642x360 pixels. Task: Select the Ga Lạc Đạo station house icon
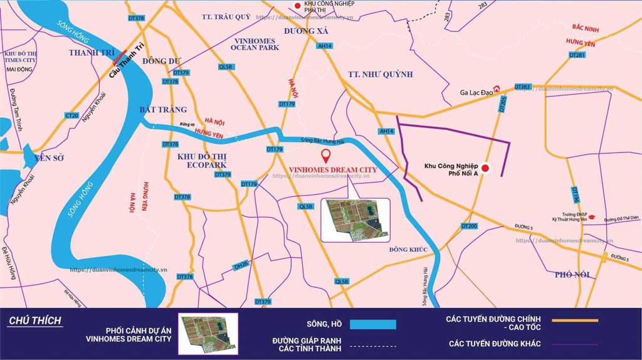497,89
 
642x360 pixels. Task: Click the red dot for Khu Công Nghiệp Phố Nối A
485,168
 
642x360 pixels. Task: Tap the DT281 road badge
577,56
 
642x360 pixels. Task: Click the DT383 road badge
523,87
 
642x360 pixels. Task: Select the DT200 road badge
469,226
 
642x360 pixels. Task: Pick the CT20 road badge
71,115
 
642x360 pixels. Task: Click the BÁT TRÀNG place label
163,110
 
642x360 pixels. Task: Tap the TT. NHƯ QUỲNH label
381,75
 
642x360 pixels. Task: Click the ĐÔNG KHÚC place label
408,250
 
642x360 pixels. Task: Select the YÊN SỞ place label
50,158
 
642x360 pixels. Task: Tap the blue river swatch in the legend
373,324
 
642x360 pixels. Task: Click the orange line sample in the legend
574,321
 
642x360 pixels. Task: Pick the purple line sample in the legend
574,343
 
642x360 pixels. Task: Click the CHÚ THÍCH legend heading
35,321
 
